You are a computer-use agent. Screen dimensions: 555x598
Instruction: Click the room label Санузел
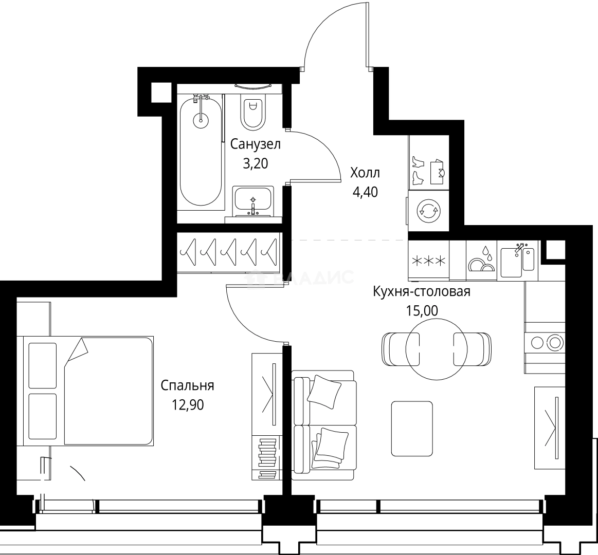pos(255,144)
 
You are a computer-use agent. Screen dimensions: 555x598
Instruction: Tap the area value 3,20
pos(255,163)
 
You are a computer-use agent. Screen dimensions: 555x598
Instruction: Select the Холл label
pos(365,172)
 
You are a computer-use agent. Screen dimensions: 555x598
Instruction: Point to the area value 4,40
pos(365,192)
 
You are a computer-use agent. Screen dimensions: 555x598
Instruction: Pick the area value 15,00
pos(422,311)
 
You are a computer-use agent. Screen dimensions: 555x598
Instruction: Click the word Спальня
pos(187,385)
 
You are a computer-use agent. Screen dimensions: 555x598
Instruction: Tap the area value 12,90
pos(188,405)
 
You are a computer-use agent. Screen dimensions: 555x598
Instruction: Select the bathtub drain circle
pos(201,121)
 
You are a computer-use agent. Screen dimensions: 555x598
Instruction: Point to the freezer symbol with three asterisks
pos(428,261)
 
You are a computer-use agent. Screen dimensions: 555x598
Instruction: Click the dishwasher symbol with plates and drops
pos(481,261)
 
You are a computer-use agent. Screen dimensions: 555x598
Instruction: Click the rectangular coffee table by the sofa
pos(411,429)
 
